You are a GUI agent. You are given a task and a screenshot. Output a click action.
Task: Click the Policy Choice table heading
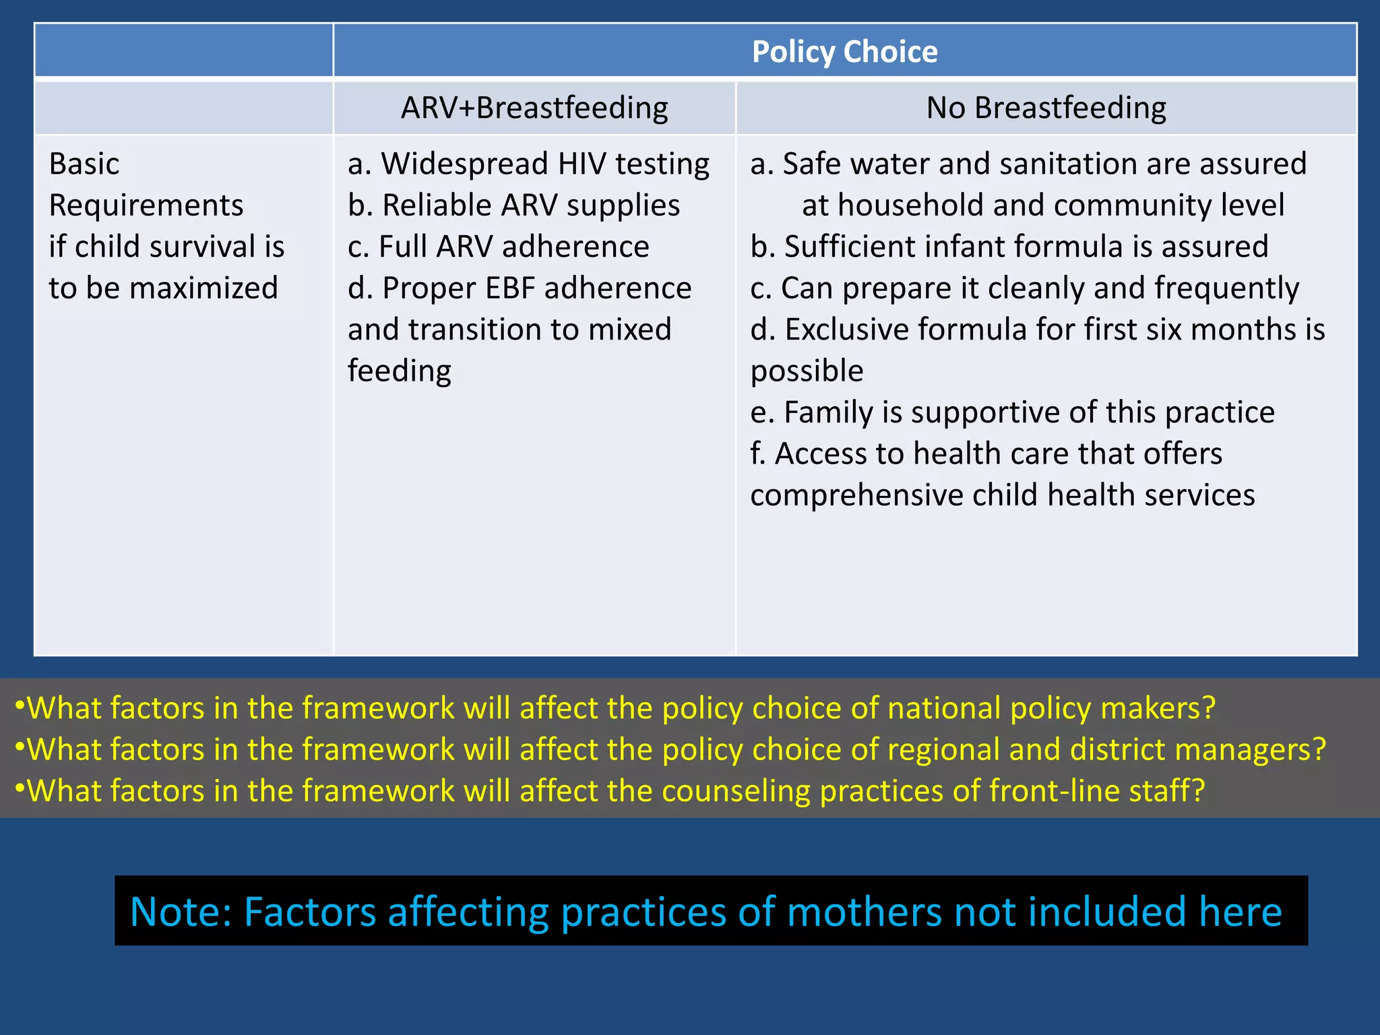844,52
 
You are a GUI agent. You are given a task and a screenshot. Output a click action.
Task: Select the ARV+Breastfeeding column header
534,108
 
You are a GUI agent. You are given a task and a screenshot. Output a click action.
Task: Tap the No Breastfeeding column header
1046,108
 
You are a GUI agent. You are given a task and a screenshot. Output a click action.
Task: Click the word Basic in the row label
84,164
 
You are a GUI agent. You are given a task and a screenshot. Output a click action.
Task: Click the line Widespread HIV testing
528,164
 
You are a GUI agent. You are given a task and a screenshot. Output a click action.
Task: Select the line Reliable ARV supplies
513,206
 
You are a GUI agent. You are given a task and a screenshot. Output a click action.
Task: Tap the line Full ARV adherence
498,247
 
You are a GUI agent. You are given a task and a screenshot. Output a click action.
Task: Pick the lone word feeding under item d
399,371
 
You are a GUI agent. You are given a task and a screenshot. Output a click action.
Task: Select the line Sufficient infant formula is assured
1009,247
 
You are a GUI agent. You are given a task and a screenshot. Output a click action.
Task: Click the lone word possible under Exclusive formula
807,371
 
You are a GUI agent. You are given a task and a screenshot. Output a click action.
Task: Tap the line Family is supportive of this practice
1012,412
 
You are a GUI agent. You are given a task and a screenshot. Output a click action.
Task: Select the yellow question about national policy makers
615,708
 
